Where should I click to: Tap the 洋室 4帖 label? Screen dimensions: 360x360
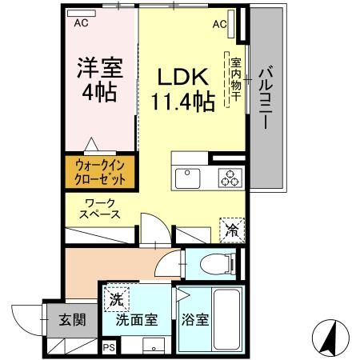(97, 78)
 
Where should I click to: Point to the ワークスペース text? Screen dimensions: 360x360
(100, 209)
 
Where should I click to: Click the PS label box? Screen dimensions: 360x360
(109, 348)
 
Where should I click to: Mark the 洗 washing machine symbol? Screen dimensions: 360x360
(117, 300)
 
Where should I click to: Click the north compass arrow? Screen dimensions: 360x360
(329, 338)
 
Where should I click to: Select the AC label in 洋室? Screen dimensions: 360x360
(81, 24)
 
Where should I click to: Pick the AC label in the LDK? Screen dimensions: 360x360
(220, 24)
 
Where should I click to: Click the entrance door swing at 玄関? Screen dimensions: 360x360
(26, 320)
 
